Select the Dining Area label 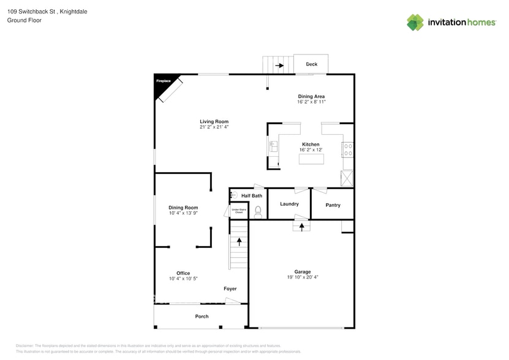tap(311, 96)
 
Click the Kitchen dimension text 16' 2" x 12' tap(311, 150)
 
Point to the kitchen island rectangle tap(311, 159)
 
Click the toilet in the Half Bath tap(258, 211)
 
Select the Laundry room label tap(289, 204)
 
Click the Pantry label tap(333, 205)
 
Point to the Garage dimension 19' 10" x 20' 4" tap(303, 277)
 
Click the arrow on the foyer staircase tap(239, 242)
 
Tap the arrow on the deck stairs tap(280, 65)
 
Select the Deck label tap(311, 64)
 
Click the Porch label tap(202, 317)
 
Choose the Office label tap(183, 273)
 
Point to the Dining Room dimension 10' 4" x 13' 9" tap(183, 214)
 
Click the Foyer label tap(230, 288)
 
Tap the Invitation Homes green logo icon tap(415, 23)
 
